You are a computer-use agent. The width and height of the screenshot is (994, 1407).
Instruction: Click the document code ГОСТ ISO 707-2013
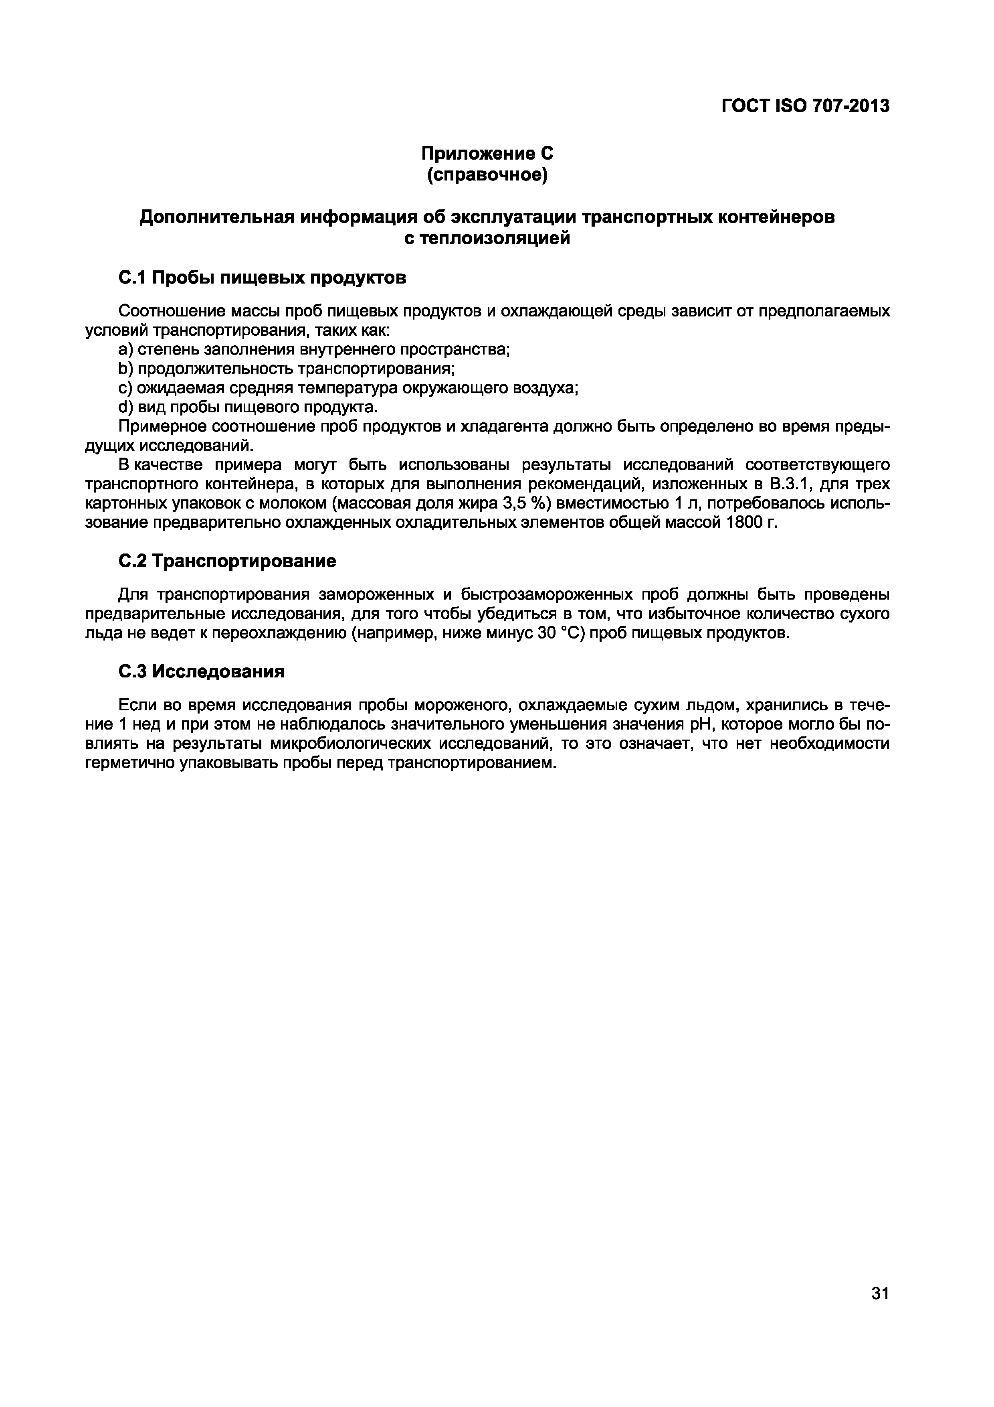[805, 106]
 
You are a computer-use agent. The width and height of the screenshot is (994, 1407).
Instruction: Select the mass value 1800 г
[752, 523]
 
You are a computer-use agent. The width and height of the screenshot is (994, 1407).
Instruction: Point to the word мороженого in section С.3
[457, 706]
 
